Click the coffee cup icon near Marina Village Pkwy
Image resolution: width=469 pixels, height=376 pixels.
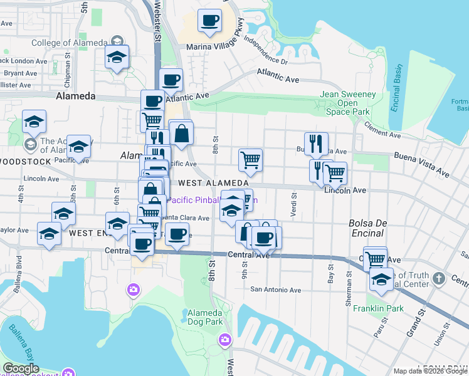coord(210,20)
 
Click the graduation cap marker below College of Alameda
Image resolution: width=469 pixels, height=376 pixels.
coord(117,57)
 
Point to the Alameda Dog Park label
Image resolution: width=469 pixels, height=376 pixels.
coord(206,317)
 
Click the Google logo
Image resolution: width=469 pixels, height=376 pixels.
coord(20,368)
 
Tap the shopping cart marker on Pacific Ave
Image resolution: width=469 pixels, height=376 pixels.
coord(250,160)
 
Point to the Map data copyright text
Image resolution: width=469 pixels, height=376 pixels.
coord(430,371)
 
